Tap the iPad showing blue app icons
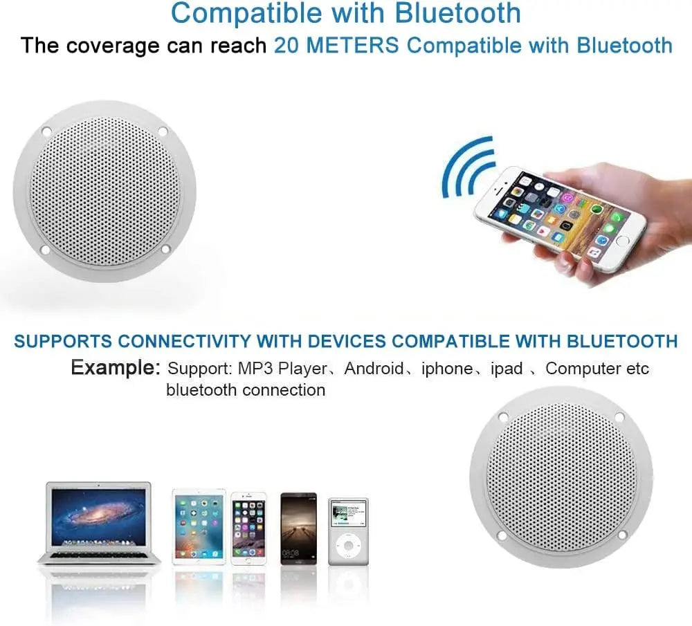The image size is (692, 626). tap(199, 527)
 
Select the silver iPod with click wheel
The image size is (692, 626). tap(348, 531)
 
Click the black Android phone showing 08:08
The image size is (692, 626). tap(298, 528)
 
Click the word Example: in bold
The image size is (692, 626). tap(116, 367)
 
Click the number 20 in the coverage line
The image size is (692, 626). tap(286, 46)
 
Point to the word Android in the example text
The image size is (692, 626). tap(374, 368)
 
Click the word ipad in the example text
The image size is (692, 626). tap(507, 368)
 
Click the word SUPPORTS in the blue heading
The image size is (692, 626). tap(62, 340)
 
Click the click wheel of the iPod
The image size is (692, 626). tap(348, 549)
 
